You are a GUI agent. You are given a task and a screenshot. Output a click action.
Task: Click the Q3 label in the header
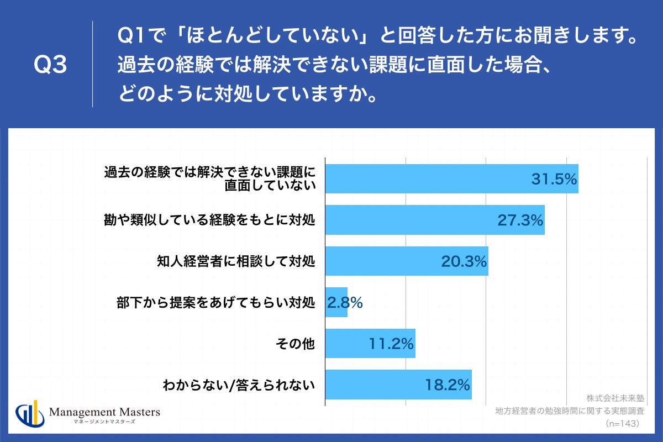pyautogui.click(x=50, y=65)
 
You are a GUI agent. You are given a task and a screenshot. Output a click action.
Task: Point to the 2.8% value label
pyautogui.click(x=345, y=302)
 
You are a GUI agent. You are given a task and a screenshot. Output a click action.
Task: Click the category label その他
pyautogui.click(x=295, y=344)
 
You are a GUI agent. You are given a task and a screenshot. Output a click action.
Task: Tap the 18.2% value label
pyautogui.click(x=448, y=385)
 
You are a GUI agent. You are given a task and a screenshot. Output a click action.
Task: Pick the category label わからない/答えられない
pyautogui.click(x=239, y=385)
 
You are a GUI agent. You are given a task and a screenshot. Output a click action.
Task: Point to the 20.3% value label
pyautogui.click(x=464, y=261)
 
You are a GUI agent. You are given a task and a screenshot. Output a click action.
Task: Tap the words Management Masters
pyautogui.click(x=104, y=412)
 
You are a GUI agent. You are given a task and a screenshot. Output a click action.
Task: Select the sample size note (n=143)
pyautogui.click(x=622, y=423)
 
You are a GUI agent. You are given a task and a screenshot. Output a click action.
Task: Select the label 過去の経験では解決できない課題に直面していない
pyautogui.click(x=210, y=178)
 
